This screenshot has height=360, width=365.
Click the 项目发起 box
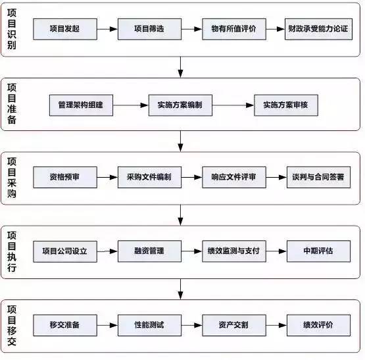point(65,29)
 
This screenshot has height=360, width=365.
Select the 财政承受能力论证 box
point(318,29)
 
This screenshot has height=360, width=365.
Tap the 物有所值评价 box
point(234,29)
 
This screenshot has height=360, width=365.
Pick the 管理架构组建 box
point(81,105)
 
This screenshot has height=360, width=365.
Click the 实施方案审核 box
point(286,105)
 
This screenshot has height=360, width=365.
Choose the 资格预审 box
point(65,177)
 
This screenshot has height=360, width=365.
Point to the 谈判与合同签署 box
point(318,177)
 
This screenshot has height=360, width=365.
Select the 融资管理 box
point(149,251)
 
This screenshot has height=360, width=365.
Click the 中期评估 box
point(318,251)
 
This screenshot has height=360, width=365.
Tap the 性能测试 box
point(149,325)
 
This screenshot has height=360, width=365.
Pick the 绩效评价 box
point(318,325)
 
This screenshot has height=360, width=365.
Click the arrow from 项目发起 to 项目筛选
point(107,29)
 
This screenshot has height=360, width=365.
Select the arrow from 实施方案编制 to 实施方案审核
point(233,105)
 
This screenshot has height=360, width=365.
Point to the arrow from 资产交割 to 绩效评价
point(276,325)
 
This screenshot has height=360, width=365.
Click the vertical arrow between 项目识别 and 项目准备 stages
point(180,67)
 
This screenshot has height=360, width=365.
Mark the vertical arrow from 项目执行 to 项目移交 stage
point(180,289)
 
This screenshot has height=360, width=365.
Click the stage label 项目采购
point(12,178)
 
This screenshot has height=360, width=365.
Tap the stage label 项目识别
point(12,29)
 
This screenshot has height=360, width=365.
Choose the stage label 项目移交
point(12,326)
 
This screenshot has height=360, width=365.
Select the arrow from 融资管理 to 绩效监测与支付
point(192,251)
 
